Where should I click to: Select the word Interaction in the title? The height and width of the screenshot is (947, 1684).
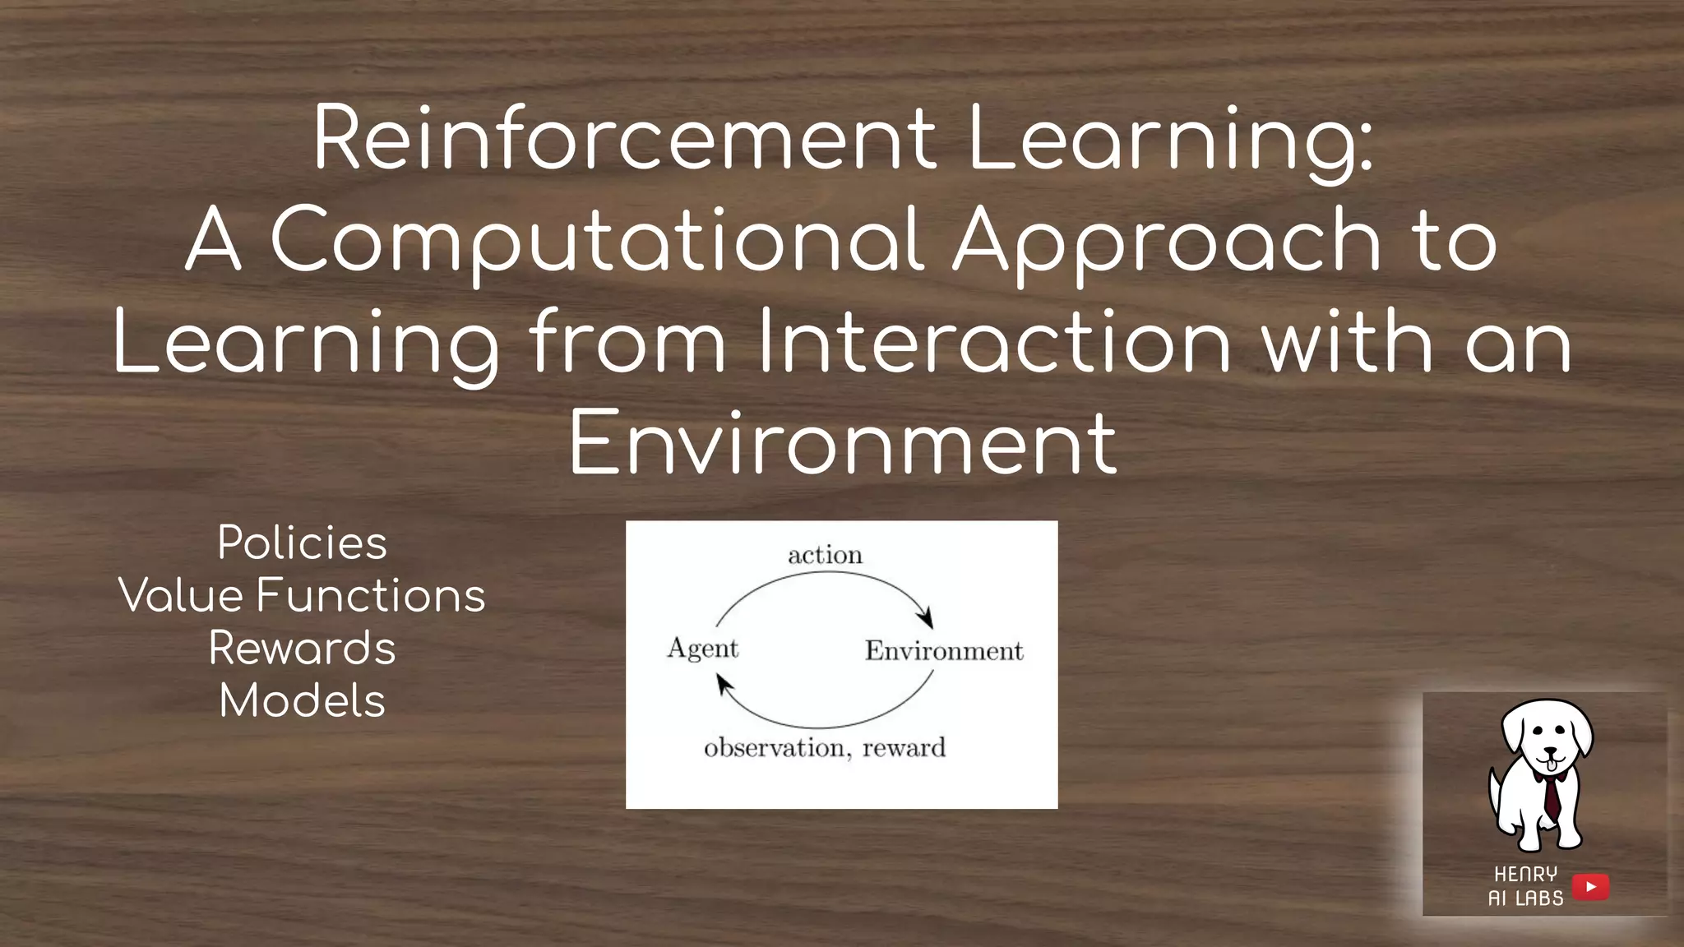(994, 341)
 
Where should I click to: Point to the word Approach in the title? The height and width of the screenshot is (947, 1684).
(1167, 240)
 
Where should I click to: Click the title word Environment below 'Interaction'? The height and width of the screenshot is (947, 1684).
(842, 443)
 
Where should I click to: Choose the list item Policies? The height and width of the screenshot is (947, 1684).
(302, 543)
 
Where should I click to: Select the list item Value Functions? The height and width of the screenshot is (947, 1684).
(302, 595)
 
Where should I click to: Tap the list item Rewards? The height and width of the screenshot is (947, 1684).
(302, 648)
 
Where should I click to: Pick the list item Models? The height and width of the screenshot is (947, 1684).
(302, 701)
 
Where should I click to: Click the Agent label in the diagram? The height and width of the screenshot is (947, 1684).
(702, 649)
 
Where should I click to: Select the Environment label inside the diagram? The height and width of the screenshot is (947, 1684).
(944, 651)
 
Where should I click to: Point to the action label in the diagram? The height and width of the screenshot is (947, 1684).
(825, 555)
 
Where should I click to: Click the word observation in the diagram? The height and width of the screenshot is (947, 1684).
(774, 747)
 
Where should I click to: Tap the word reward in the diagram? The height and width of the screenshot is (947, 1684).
(904, 747)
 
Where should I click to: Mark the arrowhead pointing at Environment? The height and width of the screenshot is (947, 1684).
(927, 618)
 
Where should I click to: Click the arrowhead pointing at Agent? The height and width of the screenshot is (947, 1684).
(724, 684)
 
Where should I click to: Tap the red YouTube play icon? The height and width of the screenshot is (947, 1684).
(1590, 886)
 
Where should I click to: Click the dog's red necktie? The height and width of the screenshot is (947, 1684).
(1551, 795)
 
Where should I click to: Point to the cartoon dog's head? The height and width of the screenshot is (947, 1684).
(1547, 736)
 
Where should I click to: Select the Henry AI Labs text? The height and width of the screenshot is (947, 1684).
(1525, 886)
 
